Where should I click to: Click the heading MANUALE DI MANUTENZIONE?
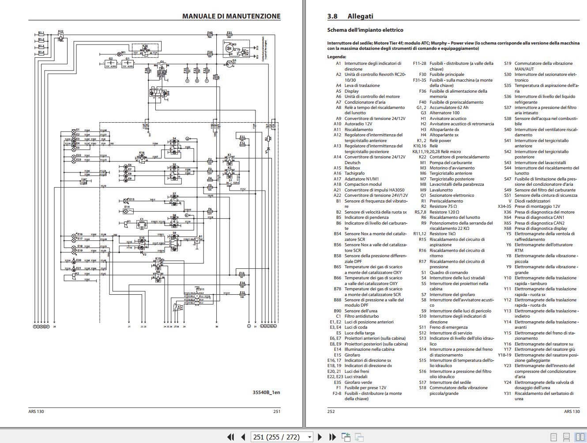point(231,16)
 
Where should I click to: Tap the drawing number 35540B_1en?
point(266,392)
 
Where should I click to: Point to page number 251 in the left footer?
point(277,411)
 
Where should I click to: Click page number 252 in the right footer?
point(331,411)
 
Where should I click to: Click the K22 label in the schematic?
point(60,32)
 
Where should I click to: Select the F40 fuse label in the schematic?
point(210,33)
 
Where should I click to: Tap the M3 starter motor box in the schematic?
point(229,48)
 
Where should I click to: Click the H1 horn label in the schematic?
point(129,221)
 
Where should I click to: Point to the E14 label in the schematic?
point(127,206)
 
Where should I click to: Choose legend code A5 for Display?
point(339,91)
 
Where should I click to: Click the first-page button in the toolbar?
point(230,437)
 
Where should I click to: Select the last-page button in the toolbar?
point(333,437)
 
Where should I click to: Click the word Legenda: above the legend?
point(337,57)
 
